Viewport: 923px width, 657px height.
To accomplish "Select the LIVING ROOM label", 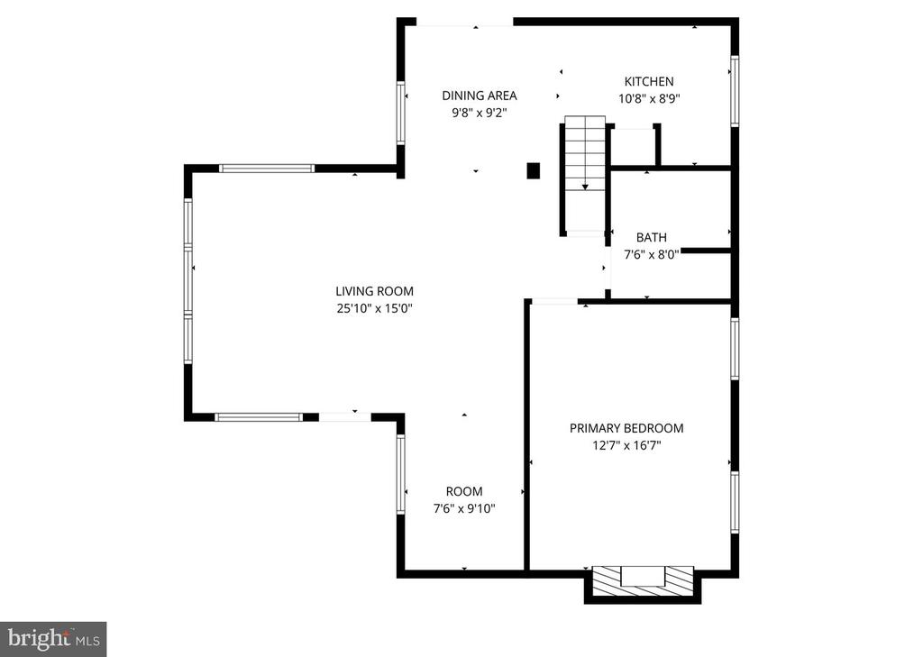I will pos(374,291).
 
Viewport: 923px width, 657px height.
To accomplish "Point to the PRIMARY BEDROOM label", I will pos(626,428).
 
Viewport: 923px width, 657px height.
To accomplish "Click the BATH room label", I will pos(652,237).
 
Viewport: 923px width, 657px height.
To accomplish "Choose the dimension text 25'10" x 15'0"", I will pos(374,308).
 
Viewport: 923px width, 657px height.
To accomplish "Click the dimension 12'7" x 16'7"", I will pos(626,445).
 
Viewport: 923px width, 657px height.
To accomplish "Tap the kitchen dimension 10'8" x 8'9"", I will pos(649,99).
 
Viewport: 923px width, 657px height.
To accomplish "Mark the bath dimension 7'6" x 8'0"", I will pos(652,254).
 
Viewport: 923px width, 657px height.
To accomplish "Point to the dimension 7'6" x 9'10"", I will pos(464,508).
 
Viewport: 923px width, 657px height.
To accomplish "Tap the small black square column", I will pos(533,169).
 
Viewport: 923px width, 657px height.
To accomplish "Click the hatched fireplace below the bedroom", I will pos(643,577).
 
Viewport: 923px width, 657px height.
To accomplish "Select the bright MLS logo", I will pos(53,639).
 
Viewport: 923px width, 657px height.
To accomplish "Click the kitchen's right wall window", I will pos(735,91).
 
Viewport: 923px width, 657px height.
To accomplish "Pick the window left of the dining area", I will pos(401,113).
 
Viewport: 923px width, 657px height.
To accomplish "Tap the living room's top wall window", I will pos(267,169).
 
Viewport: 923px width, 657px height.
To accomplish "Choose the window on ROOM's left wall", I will pos(401,474).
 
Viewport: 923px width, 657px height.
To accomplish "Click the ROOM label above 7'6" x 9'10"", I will pos(464,491).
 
